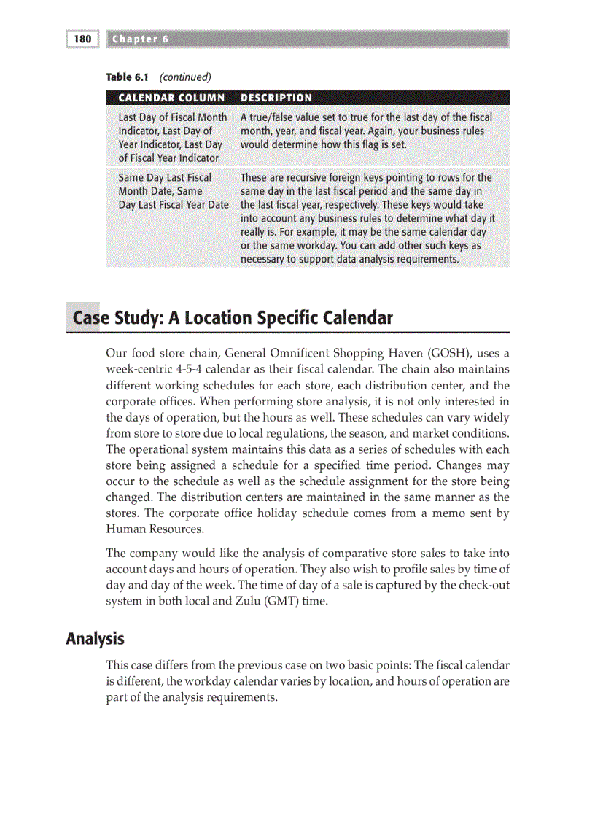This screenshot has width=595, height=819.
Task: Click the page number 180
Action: tap(82, 39)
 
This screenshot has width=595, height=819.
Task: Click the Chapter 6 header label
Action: tap(141, 39)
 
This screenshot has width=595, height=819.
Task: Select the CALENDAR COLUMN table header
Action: tap(171, 98)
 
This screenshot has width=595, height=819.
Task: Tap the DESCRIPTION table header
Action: tap(276, 98)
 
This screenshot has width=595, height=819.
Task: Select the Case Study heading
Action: tap(232, 318)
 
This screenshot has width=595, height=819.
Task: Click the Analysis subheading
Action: tap(95, 639)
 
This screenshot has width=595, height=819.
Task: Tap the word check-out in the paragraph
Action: tap(484, 585)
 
